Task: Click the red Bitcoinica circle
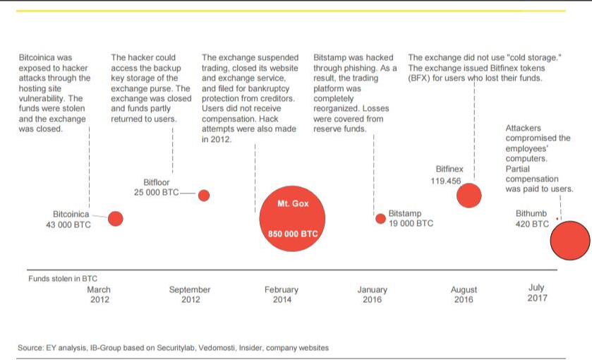(x=116, y=219)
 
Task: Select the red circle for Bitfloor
(x=204, y=196)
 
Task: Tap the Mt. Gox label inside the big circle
(x=293, y=204)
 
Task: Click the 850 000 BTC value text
(x=293, y=234)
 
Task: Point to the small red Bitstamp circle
(x=381, y=217)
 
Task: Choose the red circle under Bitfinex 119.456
(x=469, y=195)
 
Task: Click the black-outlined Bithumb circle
(x=570, y=241)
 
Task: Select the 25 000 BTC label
(x=156, y=192)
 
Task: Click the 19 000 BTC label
(x=411, y=223)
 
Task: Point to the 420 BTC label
(x=532, y=224)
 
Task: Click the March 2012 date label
(x=99, y=294)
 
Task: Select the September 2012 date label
(x=190, y=294)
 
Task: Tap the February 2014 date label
(x=282, y=294)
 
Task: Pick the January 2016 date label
(x=372, y=294)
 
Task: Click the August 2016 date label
(x=464, y=294)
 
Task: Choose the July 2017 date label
(x=536, y=292)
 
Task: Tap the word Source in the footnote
(x=30, y=348)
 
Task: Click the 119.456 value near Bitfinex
(x=445, y=181)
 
